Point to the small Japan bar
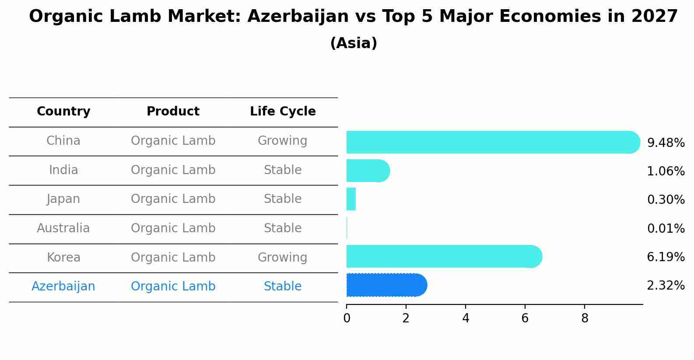(351, 199)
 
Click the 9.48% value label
(666, 143)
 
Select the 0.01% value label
(666, 228)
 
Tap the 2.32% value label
(666, 286)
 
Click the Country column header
(63, 112)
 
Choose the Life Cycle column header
(283, 112)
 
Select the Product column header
(173, 112)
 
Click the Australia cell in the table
(63, 228)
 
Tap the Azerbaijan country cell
(63, 287)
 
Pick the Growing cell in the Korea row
(283, 257)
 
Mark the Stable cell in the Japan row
(283, 199)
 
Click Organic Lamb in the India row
(173, 170)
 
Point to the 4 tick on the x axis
(466, 318)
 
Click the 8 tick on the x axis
(585, 318)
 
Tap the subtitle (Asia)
(354, 43)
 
